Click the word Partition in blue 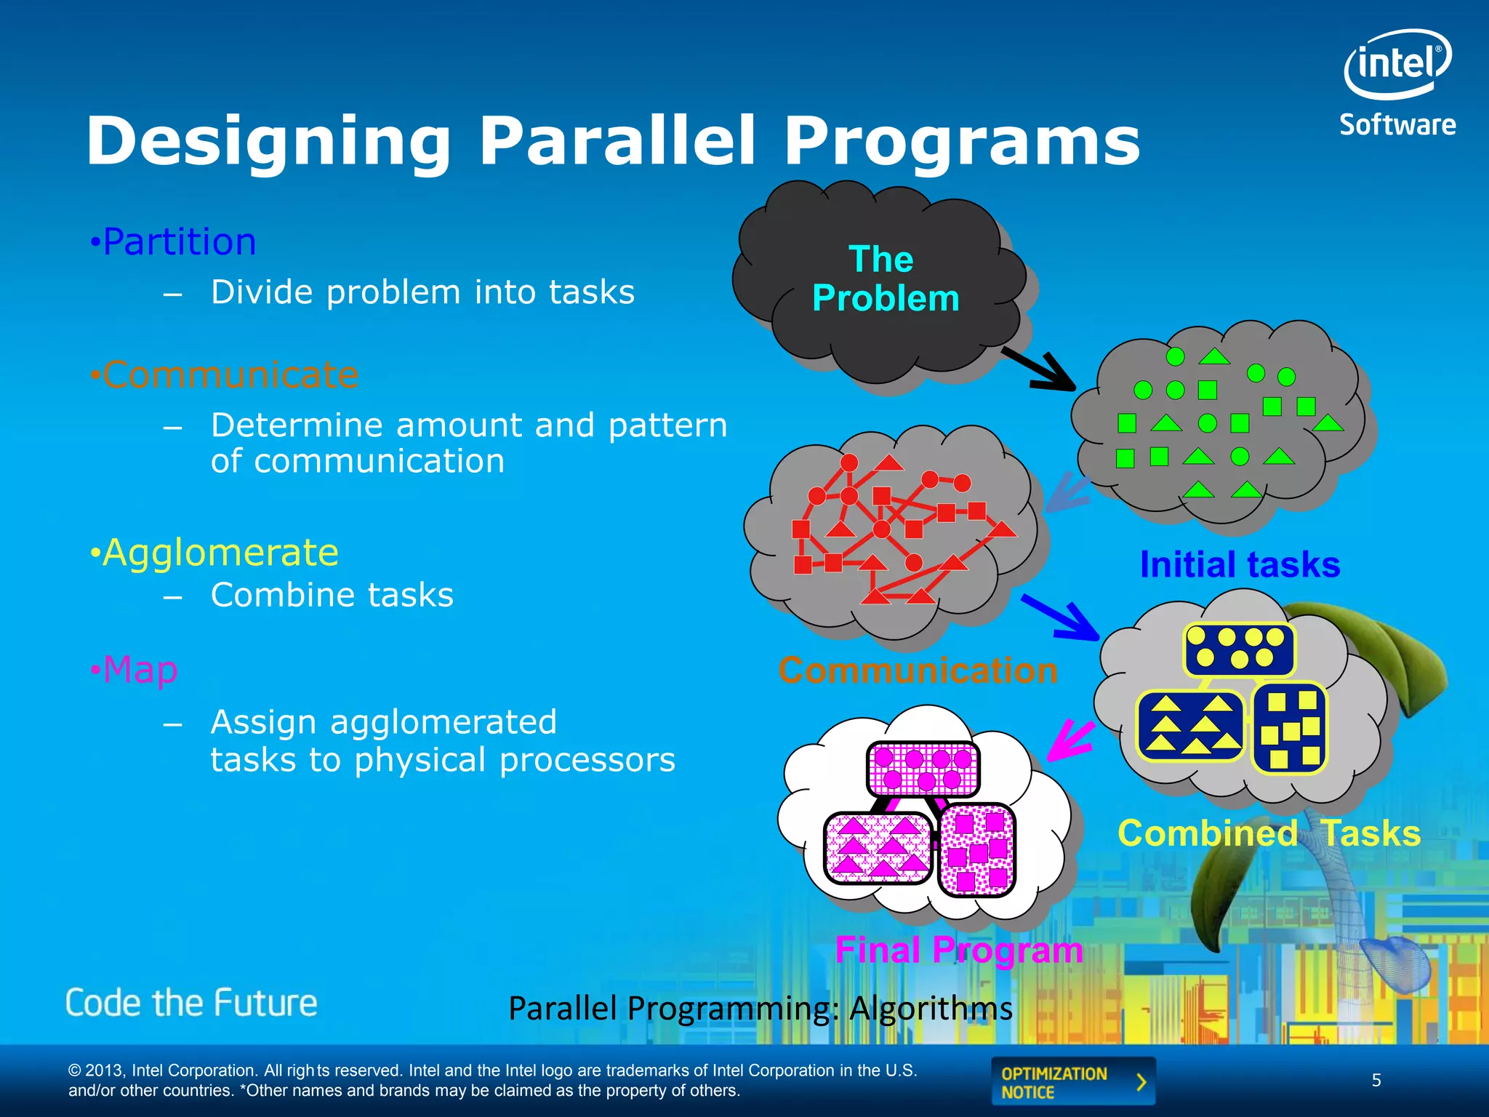(179, 241)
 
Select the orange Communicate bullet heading (230, 375)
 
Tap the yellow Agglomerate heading (220, 553)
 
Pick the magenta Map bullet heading (140, 669)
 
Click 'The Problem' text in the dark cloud (884, 279)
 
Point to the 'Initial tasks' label (1240, 564)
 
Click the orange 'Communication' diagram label (918, 670)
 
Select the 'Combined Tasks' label (1269, 833)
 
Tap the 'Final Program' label (958, 950)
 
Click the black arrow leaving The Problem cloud (1040, 369)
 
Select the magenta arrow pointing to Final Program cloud (1070, 740)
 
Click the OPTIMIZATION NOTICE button (1072, 1082)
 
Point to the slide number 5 (1376, 1080)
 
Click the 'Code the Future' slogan (191, 1003)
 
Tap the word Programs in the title (961, 141)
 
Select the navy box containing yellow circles (1239, 648)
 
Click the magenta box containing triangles (878, 848)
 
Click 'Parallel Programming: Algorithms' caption (760, 1008)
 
